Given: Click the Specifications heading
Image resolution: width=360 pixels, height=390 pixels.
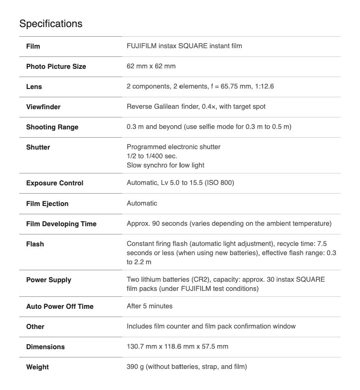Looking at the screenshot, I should tap(51, 23).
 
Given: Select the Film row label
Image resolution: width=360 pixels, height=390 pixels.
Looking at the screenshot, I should tap(34, 46).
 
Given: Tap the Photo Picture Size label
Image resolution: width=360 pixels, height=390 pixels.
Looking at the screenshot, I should tap(56, 67).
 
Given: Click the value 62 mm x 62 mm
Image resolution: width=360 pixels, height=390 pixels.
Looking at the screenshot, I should tap(151, 66).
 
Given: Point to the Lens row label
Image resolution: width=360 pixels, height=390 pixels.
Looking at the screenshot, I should tap(34, 87).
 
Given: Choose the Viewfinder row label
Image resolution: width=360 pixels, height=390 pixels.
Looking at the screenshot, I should tap(43, 107).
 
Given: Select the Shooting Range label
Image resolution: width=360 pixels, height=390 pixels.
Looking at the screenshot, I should tap(52, 127).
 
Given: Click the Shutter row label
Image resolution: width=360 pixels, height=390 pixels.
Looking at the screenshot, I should tap(38, 147).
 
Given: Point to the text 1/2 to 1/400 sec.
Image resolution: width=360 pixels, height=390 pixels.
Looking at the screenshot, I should tap(152, 156).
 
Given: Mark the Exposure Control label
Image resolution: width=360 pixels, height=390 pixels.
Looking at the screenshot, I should tap(55, 183).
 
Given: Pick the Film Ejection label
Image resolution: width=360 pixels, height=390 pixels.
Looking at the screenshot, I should tap(47, 203).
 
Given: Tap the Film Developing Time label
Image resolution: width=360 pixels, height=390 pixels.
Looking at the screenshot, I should tap(61, 224).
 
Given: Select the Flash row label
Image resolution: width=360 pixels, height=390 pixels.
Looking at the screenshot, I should tap(35, 244).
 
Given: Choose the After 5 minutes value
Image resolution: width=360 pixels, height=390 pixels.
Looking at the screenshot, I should tap(149, 306).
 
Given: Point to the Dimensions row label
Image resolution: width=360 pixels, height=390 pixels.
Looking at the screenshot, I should tap(45, 347).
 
